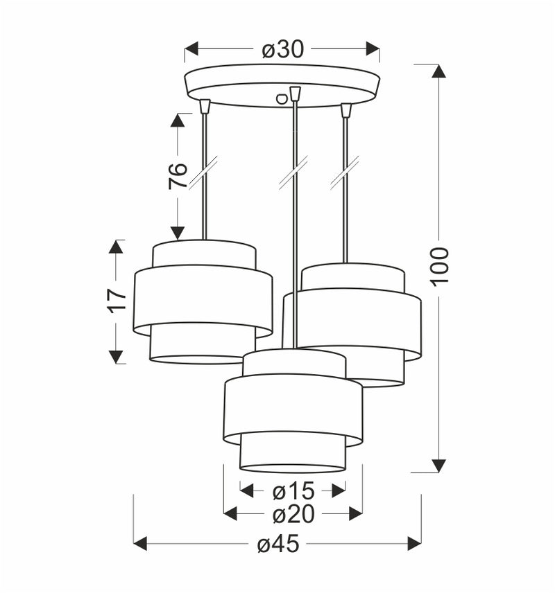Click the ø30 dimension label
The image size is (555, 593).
pos(282,49)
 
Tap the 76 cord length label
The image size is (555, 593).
pos(178,177)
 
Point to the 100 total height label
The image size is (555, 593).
pos(439,265)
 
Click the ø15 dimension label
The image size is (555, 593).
pos(293,491)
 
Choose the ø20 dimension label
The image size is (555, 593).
pos(293,514)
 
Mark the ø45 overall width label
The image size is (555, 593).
pos(277,545)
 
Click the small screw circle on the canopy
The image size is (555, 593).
pos(282,99)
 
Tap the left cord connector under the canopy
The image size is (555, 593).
pos(205,106)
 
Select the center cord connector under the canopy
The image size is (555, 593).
pos(296,93)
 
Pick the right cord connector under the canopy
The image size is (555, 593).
pos(346,109)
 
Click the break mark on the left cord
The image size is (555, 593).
pos(203,172)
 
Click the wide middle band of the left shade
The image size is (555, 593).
pos(203,296)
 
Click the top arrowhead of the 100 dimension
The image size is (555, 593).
pos(438,71)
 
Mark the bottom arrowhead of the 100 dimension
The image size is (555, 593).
pos(438,466)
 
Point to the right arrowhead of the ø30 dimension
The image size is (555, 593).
pos(373,49)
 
